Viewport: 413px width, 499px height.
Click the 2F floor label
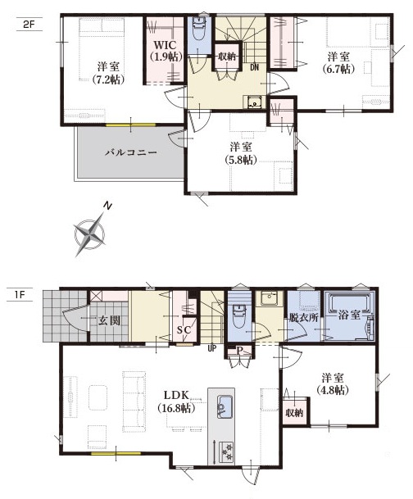29,25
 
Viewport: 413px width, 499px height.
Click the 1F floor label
20,295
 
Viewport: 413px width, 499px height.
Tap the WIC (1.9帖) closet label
166,51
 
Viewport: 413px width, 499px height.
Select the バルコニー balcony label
131,152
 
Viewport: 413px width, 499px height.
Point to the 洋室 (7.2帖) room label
108,73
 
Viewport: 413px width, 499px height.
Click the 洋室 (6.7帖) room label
338,63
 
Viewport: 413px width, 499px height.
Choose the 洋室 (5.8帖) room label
241,153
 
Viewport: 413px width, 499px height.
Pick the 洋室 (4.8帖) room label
333,384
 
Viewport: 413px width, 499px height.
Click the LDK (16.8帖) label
176,401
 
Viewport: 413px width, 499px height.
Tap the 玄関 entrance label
109,320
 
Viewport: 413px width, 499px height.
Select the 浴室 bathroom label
349,315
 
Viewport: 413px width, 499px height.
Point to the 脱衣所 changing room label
303,317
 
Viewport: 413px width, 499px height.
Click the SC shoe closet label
184,330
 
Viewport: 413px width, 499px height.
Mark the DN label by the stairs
254,67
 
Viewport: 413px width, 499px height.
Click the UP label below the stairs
212,348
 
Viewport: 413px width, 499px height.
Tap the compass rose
89,234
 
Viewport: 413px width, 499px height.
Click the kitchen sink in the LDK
225,406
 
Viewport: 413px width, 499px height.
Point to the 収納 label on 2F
226,57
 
